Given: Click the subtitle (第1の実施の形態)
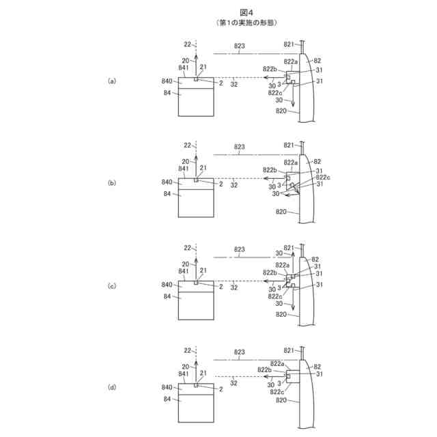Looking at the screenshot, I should coord(218,23).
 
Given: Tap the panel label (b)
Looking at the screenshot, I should coord(113,183).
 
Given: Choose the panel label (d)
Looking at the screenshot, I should coord(113,387).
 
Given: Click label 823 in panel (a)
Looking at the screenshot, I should coord(240,47).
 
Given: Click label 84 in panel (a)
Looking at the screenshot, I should coord(167,92).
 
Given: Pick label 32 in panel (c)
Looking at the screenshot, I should coord(234,288).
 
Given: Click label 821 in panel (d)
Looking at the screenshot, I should coord(289,349).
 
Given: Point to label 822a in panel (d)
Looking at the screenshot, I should coord(277,363).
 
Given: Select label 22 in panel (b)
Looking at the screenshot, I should coord(187,145).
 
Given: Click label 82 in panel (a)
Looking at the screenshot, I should coord(317,61).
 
